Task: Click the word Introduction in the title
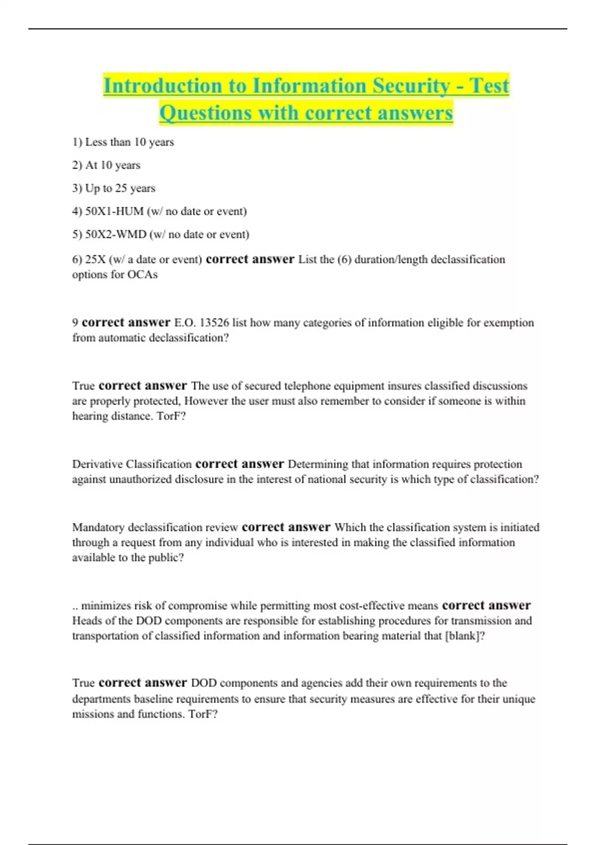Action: pos(163,85)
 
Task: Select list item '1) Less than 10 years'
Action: pos(123,142)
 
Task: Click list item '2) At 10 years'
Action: pos(106,165)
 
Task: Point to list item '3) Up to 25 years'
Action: pos(114,188)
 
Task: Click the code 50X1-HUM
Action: pos(114,211)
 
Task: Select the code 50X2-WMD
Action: pos(116,234)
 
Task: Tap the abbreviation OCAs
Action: pos(143,275)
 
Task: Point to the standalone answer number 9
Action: pos(75,323)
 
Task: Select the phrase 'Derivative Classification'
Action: pos(132,464)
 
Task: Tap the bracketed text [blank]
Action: pos(463,636)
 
